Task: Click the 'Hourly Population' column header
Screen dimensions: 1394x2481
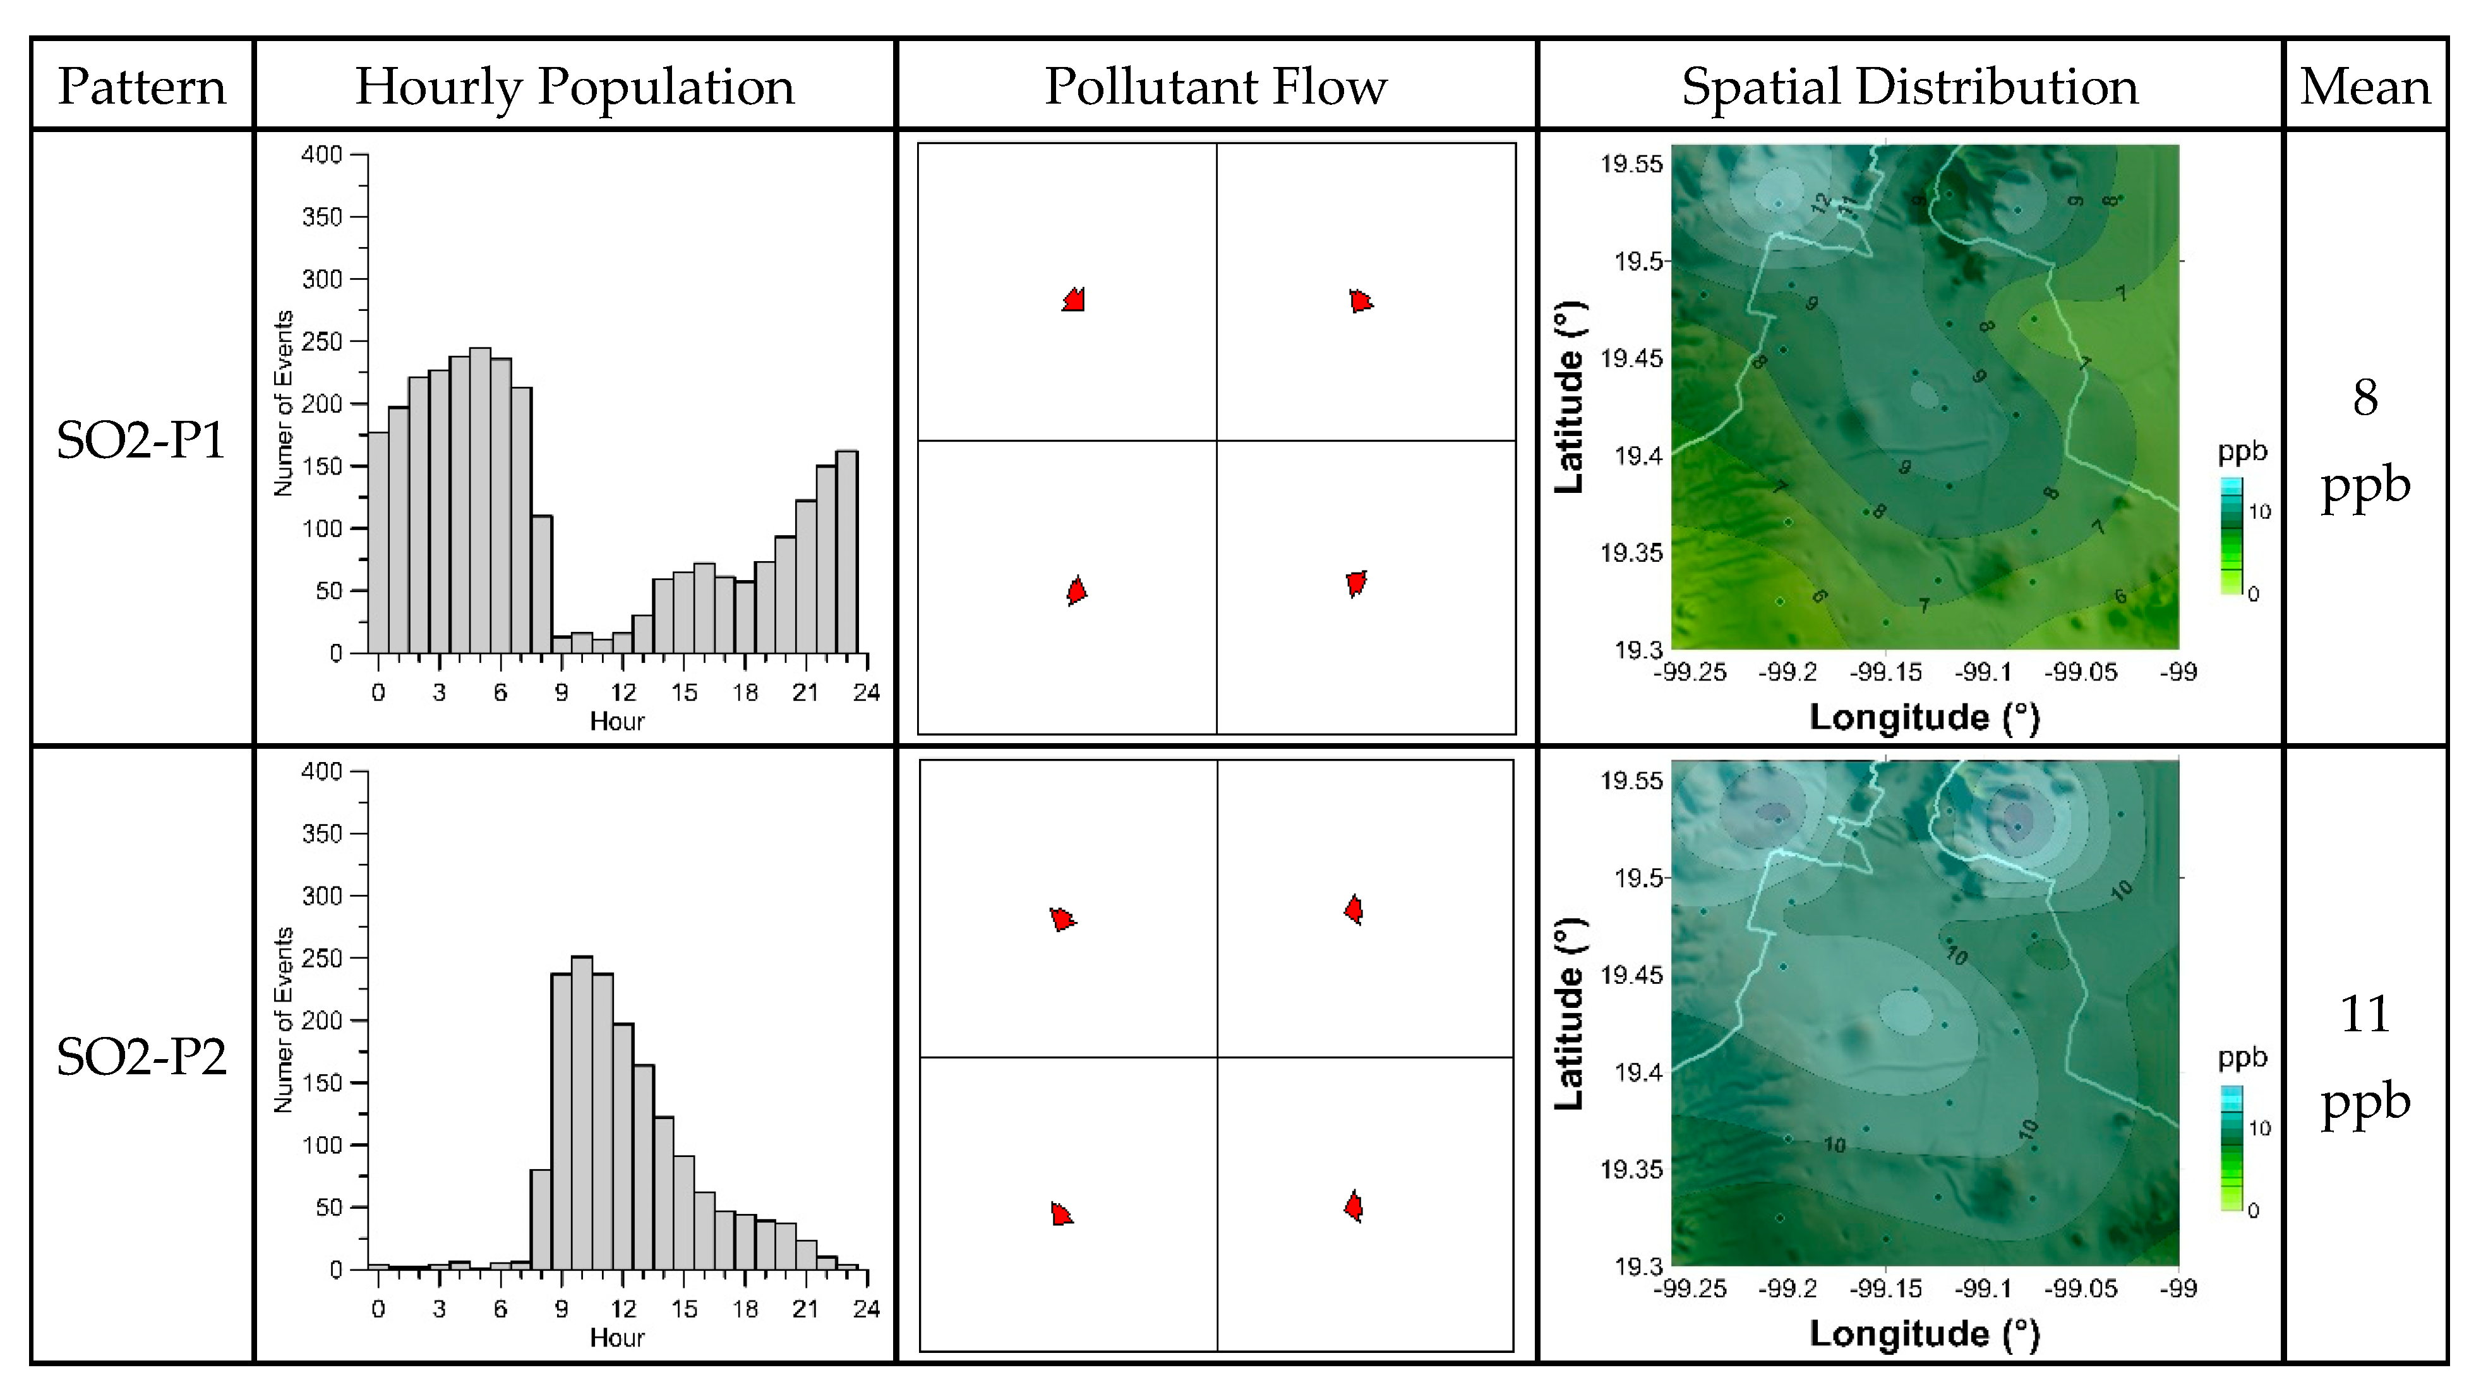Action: pos(574,87)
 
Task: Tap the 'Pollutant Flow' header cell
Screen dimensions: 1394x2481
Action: pos(1215,87)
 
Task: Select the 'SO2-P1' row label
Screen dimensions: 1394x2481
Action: pos(141,440)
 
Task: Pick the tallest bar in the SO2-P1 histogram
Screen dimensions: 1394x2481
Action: pos(479,501)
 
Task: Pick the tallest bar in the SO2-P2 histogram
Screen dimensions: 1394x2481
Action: pos(582,1113)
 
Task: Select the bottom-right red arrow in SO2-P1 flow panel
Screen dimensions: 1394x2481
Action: pos(1356,583)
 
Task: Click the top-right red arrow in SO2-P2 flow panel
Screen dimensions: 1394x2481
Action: pos(1353,909)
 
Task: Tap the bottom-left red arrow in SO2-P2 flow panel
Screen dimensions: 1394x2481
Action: pos(1060,1214)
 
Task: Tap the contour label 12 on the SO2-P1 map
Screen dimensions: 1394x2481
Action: pos(1819,202)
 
